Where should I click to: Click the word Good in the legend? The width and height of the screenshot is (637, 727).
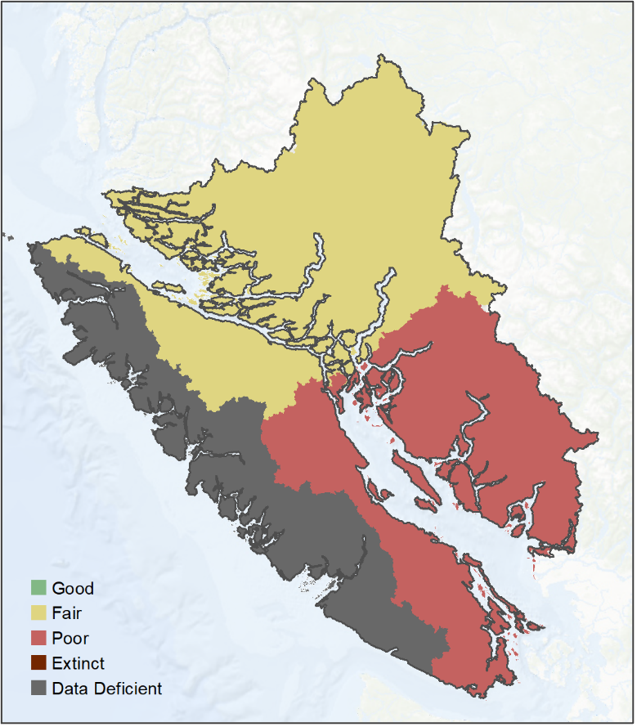73,588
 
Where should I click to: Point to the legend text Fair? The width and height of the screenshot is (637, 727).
66,613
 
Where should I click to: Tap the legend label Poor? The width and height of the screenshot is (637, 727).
70,638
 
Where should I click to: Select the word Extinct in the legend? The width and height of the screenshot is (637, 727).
78,663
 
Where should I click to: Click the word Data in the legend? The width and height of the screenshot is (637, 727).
69,689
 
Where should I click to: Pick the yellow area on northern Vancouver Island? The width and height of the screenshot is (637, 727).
221,343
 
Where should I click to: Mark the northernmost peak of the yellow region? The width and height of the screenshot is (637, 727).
381,56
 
